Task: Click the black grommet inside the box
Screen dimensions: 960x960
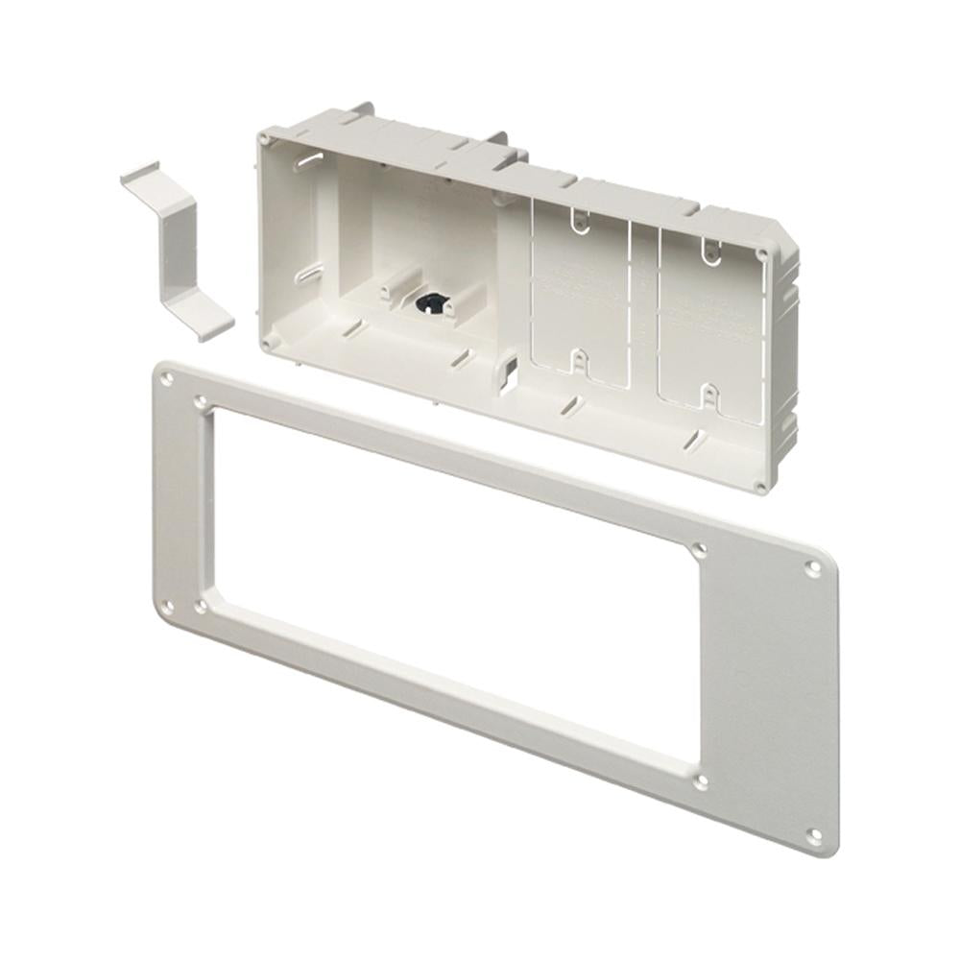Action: [425, 303]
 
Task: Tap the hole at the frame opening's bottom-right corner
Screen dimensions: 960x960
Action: [700, 781]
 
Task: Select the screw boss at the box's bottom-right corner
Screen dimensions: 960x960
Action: [760, 488]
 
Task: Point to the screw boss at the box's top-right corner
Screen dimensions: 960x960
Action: [761, 254]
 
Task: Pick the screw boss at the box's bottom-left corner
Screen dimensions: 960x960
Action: [268, 337]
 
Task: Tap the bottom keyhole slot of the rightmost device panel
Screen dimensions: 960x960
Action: [706, 394]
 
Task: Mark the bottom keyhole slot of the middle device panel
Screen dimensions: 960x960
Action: [579, 360]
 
